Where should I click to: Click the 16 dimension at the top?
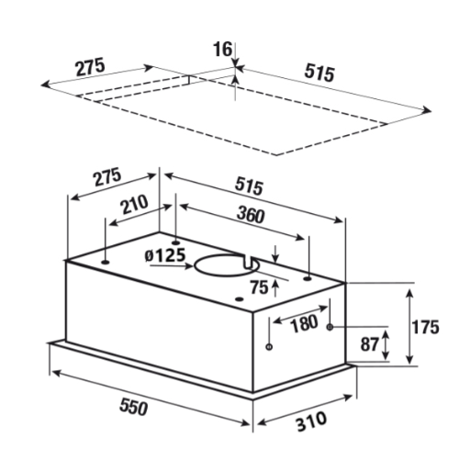(222, 50)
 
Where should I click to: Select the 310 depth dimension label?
(311, 421)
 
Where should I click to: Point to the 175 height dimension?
(425, 327)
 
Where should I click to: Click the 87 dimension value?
(369, 344)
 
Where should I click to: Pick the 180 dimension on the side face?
(304, 323)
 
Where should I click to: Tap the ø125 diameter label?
(165, 255)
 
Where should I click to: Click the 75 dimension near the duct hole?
(259, 287)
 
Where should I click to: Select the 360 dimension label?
(251, 215)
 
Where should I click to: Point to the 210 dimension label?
(135, 204)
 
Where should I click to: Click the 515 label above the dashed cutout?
(320, 73)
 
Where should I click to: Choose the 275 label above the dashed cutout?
(90, 67)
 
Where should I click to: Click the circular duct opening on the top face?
(196, 265)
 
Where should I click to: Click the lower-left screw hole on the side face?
(269, 347)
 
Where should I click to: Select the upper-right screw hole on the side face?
(330, 327)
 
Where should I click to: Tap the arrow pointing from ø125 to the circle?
(172, 266)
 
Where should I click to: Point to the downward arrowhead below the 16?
(235, 62)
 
